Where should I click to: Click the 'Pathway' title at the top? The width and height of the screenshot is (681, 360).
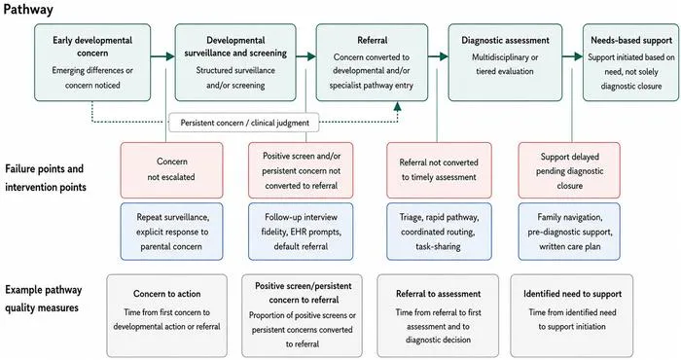click(28, 10)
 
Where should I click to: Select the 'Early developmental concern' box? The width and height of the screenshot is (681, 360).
click(92, 62)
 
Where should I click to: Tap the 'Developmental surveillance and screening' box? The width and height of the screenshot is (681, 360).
click(235, 62)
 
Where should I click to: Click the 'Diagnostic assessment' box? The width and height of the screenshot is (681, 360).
click(505, 62)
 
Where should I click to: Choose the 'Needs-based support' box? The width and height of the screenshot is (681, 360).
click(631, 62)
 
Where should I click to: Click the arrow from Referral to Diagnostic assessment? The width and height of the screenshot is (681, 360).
click(438, 56)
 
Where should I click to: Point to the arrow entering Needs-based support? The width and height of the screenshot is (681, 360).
click(572, 56)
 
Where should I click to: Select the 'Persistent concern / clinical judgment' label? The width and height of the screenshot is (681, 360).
click(244, 123)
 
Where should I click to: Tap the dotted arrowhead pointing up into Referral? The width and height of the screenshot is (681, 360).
click(397, 106)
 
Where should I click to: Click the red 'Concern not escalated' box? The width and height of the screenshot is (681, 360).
click(171, 170)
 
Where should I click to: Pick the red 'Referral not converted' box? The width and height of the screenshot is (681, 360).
click(439, 170)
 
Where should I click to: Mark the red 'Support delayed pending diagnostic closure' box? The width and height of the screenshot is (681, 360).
click(569, 170)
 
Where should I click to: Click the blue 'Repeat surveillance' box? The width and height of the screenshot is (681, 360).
click(171, 232)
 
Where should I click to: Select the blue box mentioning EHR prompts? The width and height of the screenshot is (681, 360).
click(301, 232)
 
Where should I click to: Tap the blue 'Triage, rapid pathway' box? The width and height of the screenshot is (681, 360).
click(439, 232)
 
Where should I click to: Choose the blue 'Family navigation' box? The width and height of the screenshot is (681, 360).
click(569, 232)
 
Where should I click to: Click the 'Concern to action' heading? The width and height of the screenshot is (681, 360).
click(166, 294)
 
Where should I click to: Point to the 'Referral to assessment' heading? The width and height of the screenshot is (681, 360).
click(438, 294)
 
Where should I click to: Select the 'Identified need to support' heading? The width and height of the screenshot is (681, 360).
click(572, 294)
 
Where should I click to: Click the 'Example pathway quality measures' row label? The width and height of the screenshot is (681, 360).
click(43, 299)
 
